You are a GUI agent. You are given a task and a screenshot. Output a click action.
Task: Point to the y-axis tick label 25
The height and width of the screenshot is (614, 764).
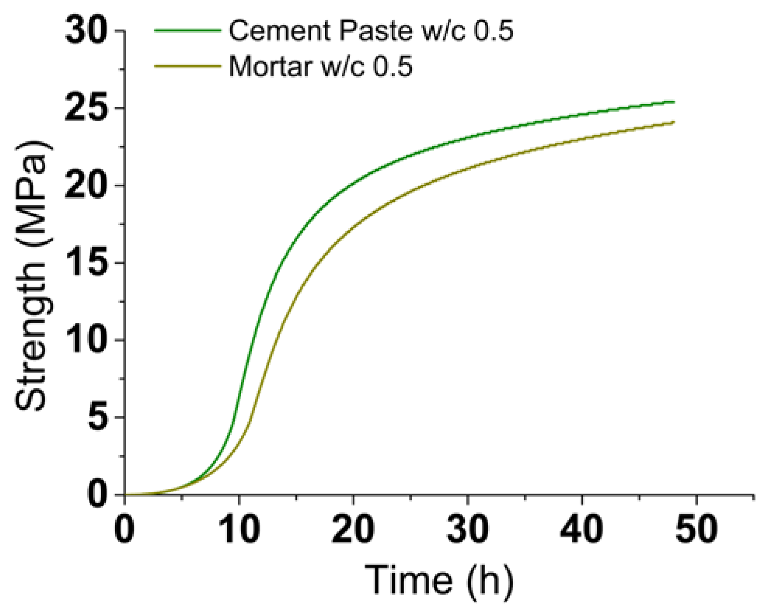coord(86,108)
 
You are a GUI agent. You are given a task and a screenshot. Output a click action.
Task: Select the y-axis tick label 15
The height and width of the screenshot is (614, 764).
coord(86,262)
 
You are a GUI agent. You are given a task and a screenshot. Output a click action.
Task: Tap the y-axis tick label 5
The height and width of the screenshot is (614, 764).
coord(97,417)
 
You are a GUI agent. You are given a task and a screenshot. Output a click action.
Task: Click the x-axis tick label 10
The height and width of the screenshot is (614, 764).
coord(239,529)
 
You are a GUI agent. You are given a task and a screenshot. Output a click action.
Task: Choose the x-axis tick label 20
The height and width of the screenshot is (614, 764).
coord(353,529)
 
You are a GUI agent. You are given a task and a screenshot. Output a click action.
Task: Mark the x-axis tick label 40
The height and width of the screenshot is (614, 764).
coord(582,529)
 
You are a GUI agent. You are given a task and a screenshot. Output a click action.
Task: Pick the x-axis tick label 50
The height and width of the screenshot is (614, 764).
coord(696,529)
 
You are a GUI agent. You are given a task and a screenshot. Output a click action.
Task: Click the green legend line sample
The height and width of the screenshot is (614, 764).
coord(187,30)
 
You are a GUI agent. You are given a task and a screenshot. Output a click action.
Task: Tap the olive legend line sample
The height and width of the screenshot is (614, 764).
coord(187,66)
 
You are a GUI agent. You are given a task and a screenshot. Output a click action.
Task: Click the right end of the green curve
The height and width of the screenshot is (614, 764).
coord(673,102)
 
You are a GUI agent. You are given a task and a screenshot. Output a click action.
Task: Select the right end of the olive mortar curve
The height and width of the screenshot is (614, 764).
coord(673,122)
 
